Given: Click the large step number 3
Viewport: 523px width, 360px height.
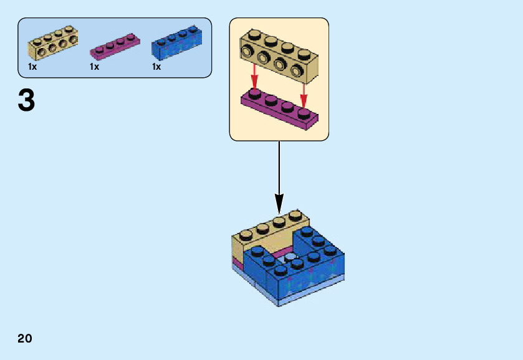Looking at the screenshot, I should click(26, 100).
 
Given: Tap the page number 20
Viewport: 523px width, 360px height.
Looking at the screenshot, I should click(25, 339).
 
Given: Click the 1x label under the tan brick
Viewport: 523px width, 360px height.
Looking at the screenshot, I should click(32, 67).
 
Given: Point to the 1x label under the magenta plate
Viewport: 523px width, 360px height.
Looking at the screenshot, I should click(95, 67).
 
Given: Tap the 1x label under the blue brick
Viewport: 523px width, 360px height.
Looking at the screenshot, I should click(156, 67).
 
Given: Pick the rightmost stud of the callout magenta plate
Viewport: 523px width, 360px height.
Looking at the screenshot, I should click(304, 112).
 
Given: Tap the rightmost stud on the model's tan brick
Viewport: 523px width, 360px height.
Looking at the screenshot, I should click(295, 216).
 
